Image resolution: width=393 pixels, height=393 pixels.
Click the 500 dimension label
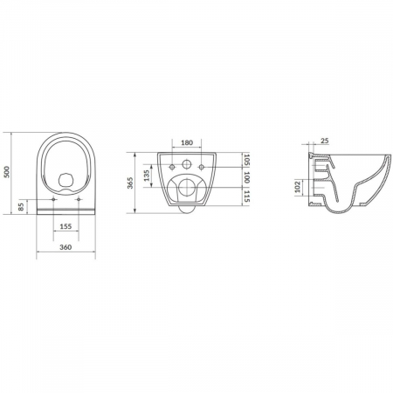click(x=7, y=172)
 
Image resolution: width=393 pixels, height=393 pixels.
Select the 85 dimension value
click(x=21, y=207)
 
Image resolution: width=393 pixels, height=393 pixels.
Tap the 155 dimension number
click(x=65, y=226)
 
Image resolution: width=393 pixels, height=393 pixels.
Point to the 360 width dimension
click(x=65, y=247)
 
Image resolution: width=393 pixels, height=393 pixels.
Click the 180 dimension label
click(x=187, y=142)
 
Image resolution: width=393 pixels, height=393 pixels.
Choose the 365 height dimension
click(x=130, y=183)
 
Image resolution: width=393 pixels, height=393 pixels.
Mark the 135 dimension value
click(x=147, y=176)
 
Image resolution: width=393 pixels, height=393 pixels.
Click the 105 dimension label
click(x=247, y=160)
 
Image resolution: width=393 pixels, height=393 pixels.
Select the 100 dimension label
click(x=247, y=177)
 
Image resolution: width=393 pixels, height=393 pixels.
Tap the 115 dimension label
click(x=247, y=196)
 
